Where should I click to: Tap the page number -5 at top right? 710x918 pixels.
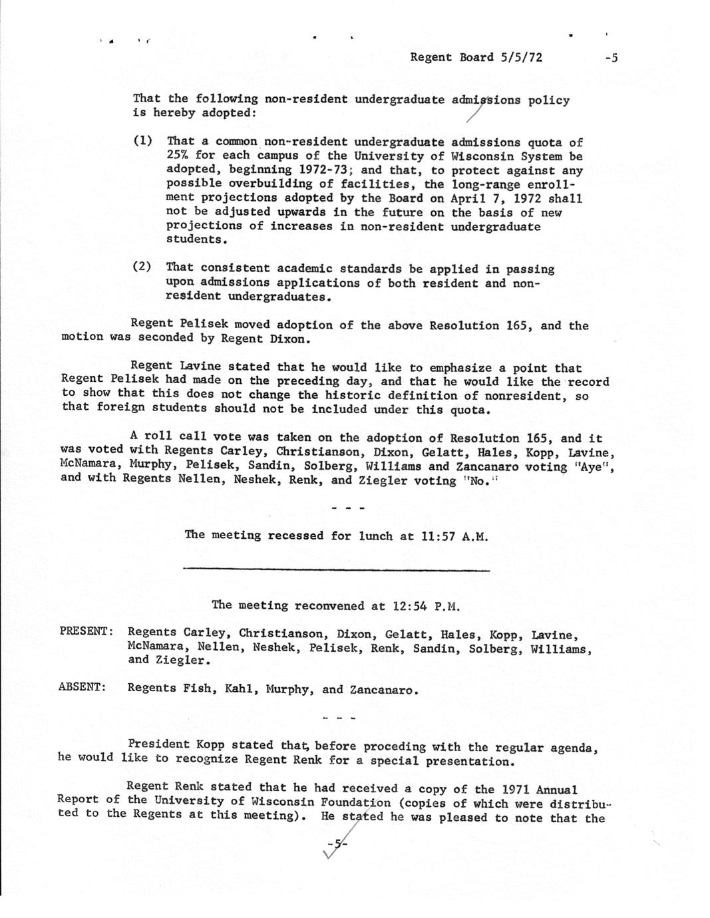coord(611,58)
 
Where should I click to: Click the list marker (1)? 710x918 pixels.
coord(142,141)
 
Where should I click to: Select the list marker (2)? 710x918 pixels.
coord(142,267)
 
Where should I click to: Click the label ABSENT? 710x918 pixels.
coord(83,687)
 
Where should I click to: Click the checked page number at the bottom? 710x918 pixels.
coord(337,845)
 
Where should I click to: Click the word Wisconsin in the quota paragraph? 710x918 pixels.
coord(482,156)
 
